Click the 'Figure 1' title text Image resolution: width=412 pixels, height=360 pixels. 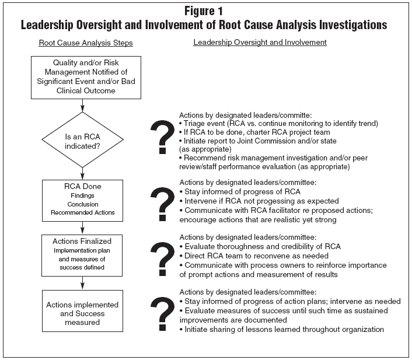pyautogui.click(x=204, y=11)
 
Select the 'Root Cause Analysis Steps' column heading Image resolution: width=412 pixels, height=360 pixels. pyautogui.click(x=86, y=43)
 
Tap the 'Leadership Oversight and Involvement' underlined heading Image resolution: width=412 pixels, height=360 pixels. pyautogui.click(x=260, y=43)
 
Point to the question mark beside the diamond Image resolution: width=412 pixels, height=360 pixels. pyautogui.click(x=162, y=137)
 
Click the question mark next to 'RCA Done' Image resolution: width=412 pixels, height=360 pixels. pyautogui.click(x=162, y=204)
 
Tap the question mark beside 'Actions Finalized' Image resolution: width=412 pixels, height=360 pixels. pyautogui.click(x=162, y=259)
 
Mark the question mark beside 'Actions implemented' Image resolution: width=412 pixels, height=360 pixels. pyautogui.click(x=162, y=314)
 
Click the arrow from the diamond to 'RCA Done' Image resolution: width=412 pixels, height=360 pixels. pyautogui.click(x=82, y=174)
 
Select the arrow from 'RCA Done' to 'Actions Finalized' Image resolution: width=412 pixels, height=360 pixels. pyautogui.click(x=82, y=228)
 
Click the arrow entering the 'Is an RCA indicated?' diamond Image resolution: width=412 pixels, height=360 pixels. pyautogui.click(x=82, y=106)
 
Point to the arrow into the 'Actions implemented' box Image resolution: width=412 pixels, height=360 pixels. pyautogui.click(x=82, y=283)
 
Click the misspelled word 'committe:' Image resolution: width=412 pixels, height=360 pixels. pyautogui.click(x=295, y=116)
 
